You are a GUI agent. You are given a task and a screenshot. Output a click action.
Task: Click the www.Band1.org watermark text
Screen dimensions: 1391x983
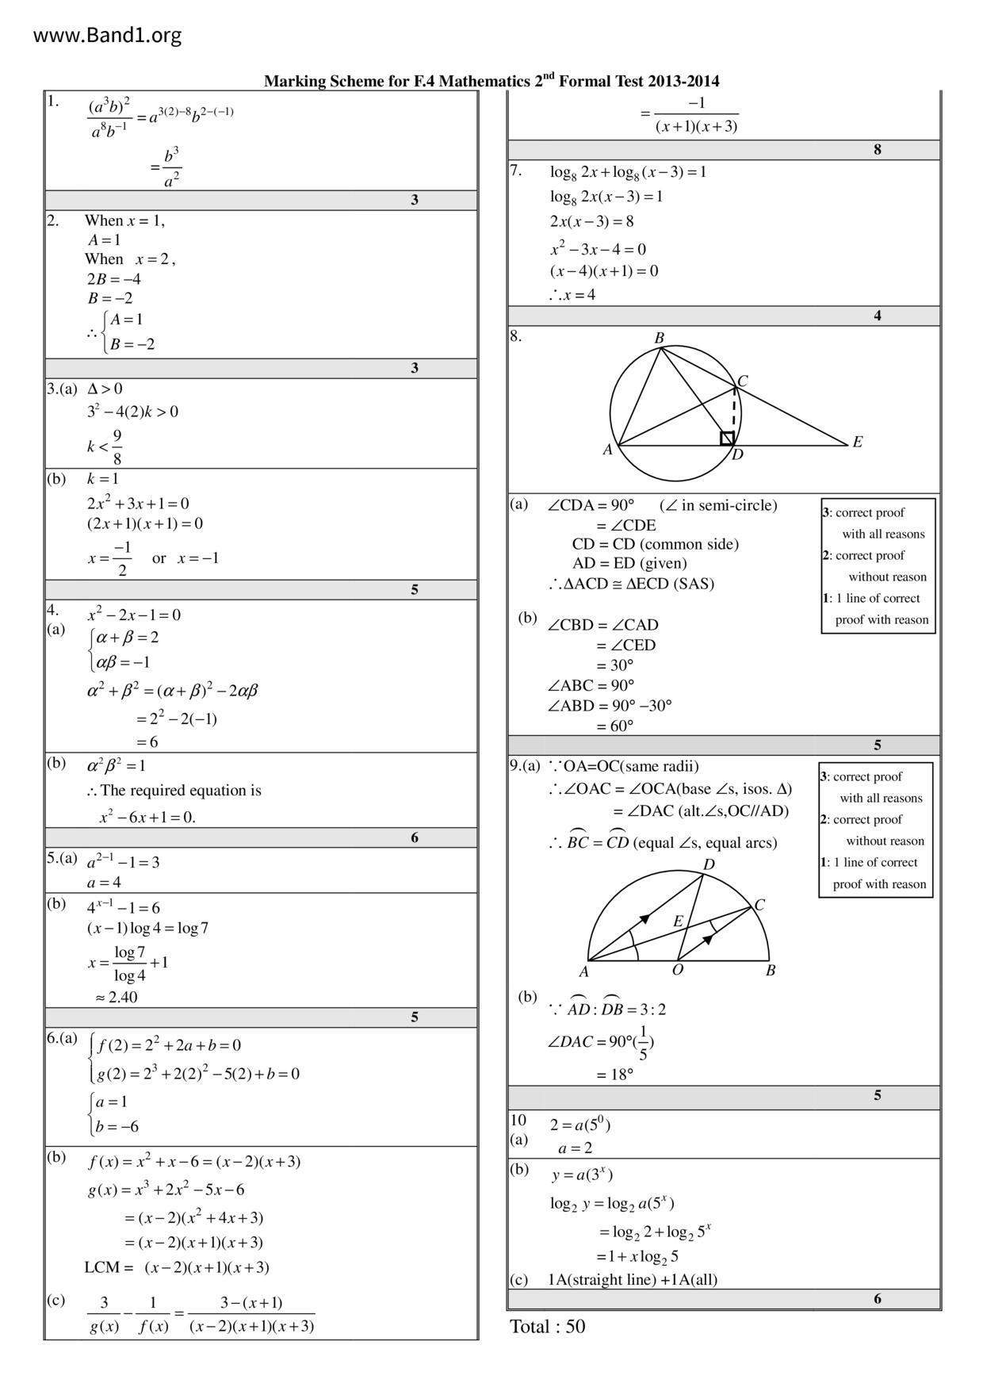coord(107,36)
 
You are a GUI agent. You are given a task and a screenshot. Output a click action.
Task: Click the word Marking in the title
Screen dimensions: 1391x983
coord(290,82)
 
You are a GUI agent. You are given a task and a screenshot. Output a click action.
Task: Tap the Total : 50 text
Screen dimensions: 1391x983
coord(547,1327)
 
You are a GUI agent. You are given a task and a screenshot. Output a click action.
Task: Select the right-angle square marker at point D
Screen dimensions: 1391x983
coord(726,439)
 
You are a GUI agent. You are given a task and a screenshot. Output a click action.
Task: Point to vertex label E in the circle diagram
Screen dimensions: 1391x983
coord(857,443)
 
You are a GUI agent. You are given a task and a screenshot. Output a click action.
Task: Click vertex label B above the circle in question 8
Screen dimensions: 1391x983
coord(659,339)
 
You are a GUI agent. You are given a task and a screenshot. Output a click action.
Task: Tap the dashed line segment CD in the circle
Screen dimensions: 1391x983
coord(733,412)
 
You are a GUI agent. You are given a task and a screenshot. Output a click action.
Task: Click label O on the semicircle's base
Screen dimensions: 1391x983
coord(678,970)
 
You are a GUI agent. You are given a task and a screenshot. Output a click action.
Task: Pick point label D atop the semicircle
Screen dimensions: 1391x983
coord(709,864)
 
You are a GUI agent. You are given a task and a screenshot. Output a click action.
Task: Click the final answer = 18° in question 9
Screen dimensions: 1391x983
coord(614,1075)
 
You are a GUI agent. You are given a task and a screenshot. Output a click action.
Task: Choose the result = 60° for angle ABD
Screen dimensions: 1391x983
coord(614,726)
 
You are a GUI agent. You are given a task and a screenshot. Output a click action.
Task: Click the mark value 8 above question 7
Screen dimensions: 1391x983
coord(877,150)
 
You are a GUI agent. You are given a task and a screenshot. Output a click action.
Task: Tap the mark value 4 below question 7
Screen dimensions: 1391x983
coord(877,316)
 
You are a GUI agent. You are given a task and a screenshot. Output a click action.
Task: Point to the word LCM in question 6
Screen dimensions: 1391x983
coord(102,1267)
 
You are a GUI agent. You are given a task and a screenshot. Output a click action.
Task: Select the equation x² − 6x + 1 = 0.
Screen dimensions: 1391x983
coord(147,817)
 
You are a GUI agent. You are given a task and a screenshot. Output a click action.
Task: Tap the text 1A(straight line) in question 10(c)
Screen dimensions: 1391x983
coord(602,1279)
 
